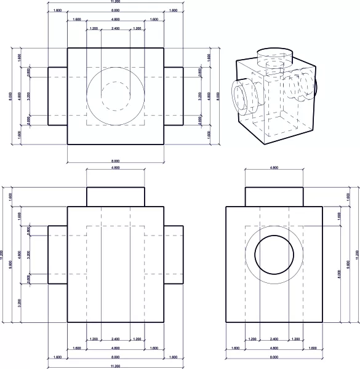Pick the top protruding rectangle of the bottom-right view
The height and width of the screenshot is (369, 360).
[x=274, y=197]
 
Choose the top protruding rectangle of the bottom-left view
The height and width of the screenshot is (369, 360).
[x=115, y=197]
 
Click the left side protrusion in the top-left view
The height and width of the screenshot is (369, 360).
[x=57, y=96]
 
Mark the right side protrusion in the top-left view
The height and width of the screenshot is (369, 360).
[x=174, y=96]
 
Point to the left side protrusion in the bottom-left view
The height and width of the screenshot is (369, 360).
[x=57, y=255]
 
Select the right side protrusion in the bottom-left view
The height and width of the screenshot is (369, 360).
[x=174, y=255]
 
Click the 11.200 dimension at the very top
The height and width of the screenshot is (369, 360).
[x=115, y=2]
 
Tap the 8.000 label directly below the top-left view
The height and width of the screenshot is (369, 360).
[x=115, y=161]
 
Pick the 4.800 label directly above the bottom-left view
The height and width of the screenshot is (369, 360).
[x=115, y=167]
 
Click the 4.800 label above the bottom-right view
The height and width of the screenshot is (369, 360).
[x=274, y=167]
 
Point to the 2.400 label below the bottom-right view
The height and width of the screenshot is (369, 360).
[x=274, y=339]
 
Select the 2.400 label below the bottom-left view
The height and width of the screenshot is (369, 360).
[x=115, y=339]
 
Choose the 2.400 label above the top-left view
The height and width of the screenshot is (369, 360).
[x=115, y=28]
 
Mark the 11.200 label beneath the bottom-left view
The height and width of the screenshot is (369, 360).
[x=115, y=367]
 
